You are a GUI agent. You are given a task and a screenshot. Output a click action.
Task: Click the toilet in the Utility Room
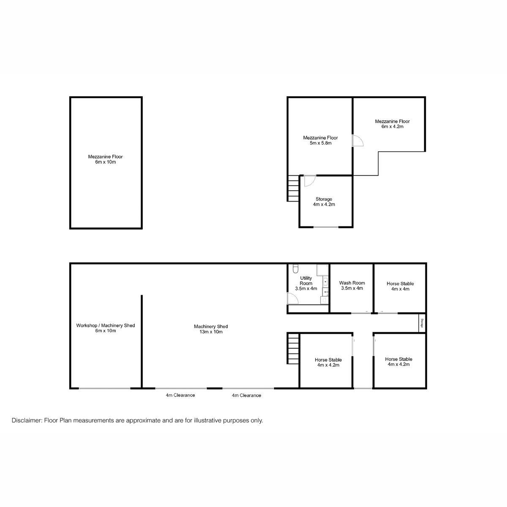click(x=296, y=269)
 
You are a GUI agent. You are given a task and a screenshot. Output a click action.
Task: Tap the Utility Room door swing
click(x=293, y=299)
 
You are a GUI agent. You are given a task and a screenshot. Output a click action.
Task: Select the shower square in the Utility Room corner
click(x=323, y=270)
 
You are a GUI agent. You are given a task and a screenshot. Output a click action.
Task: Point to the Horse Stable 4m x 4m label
click(x=400, y=286)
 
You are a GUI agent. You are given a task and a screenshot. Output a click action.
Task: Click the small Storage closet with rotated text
click(x=422, y=324)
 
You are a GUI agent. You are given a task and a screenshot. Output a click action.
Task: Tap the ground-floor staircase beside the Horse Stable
click(x=293, y=348)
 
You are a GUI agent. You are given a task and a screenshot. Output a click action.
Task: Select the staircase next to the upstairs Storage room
click(x=293, y=188)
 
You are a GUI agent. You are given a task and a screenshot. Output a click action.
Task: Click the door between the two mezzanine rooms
click(x=357, y=141)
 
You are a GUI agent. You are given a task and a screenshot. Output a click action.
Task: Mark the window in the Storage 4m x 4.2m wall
click(x=326, y=227)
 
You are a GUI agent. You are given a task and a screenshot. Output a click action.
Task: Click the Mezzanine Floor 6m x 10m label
click(x=106, y=159)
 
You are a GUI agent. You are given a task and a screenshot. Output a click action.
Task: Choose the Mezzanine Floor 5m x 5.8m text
click(x=320, y=140)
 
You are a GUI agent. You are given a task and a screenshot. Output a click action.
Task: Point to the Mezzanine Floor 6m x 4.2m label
click(x=392, y=124)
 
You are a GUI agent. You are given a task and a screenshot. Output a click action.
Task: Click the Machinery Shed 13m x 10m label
click(x=211, y=329)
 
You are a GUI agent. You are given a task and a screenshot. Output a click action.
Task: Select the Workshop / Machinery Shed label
click(x=106, y=328)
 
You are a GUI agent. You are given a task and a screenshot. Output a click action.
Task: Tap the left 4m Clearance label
click(x=180, y=395)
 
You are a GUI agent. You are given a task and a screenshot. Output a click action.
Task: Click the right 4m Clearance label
click(x=246, y=395)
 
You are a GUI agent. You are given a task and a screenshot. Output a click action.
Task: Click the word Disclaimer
click(x=27, y=420)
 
